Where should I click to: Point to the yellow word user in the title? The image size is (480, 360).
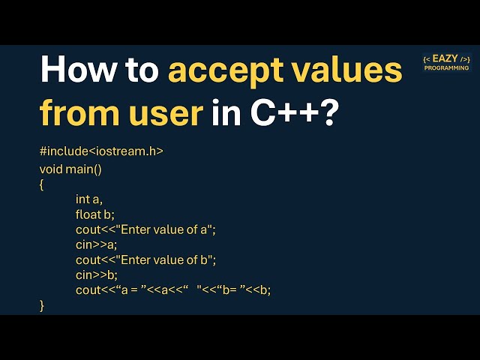click(x=165, y=112)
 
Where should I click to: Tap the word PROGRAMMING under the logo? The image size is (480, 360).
click(x=445, y=68)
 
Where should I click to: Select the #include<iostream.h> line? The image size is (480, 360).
click(x=101, y=151)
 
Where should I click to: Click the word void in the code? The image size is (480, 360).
click(x=51, y=169)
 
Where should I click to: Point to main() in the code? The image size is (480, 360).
click(x=84, y=169)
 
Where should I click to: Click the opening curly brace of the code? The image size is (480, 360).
click(x=42, y=184)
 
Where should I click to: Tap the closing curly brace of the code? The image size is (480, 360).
click(x=42, y=305)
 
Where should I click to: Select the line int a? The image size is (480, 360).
click(x=88, y=199)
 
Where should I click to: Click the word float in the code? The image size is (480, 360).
click(x=88, y=214)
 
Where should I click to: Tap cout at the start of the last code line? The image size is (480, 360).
click(x=88, y=289)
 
